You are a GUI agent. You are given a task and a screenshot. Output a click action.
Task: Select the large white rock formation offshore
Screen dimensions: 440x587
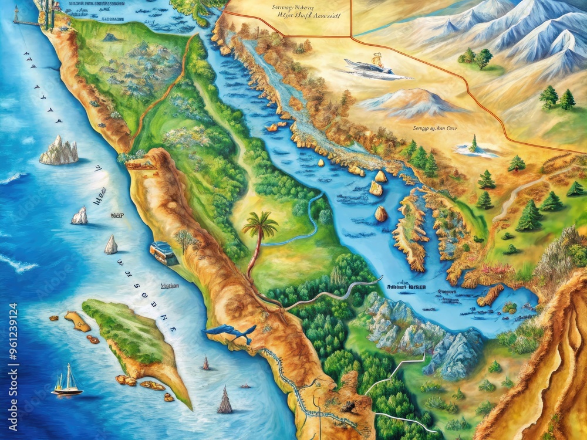(59, 151)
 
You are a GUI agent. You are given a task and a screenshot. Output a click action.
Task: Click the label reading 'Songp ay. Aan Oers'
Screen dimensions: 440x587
(435, 127)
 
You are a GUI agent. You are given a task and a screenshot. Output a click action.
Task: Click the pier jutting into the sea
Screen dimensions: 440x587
(26, 22)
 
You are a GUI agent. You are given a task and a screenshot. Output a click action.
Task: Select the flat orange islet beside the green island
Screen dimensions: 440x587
(77, 321)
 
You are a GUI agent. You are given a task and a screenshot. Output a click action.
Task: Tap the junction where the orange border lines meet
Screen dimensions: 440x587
(351, 36)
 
